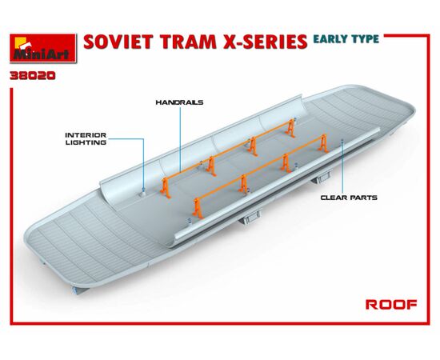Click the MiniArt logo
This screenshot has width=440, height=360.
coord(43,48)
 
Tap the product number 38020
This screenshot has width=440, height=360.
coord(33,76)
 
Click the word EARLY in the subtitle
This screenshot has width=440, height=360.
coord(330,39)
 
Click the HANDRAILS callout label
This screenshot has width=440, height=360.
coord(179,102)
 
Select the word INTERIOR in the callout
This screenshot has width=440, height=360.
coord(86,135)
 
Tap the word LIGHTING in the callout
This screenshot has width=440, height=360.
coord(86,142)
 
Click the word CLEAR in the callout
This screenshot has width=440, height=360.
coord(334,198)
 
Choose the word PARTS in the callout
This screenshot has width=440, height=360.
coord(364,198)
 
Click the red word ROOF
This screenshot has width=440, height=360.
coord(391,305)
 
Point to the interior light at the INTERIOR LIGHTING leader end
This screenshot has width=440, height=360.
coord(143,193)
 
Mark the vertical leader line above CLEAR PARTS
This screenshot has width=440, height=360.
coord(343,169)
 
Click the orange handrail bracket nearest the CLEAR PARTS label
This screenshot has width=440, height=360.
coord(323,143)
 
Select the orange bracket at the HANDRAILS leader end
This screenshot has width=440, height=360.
coord(165,188)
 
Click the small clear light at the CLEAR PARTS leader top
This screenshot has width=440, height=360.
coord(342,141)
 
